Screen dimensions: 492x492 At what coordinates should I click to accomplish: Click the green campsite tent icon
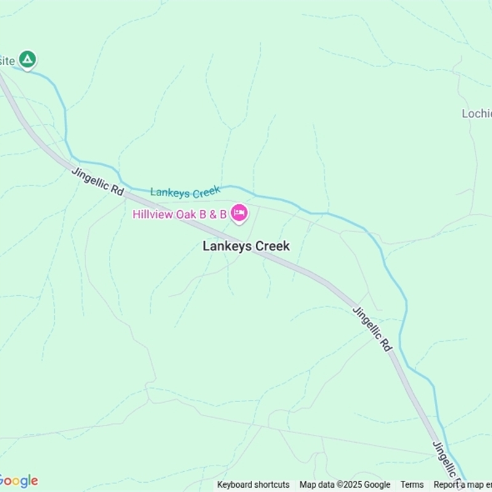coord(26,60)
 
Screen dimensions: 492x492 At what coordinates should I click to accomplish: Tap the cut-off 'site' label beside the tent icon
coord(7,60)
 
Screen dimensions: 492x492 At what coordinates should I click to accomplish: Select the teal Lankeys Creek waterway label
coord(185,192)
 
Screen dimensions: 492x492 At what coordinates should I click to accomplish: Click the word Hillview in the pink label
coord(152,214)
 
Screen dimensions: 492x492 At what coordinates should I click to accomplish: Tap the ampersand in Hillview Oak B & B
coord(212,214)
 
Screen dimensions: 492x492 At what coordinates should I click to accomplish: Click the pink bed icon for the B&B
coord(239,213)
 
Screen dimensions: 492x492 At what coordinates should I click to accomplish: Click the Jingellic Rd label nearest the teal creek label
coord(98,181)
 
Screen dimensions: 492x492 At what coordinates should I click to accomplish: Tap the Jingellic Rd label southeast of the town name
coord(372,328)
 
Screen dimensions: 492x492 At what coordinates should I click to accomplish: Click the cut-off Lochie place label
coord(477,114)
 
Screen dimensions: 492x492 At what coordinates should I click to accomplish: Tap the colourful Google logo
coord(18,481)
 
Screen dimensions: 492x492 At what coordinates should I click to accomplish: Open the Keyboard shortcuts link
coord(253,485)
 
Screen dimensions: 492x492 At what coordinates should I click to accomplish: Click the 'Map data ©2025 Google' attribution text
coord(344,485)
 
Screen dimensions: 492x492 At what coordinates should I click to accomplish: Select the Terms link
coord(412,485)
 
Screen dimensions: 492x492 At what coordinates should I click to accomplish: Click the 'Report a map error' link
coord(462,485)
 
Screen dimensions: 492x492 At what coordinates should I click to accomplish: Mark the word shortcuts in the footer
coord(271,485)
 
